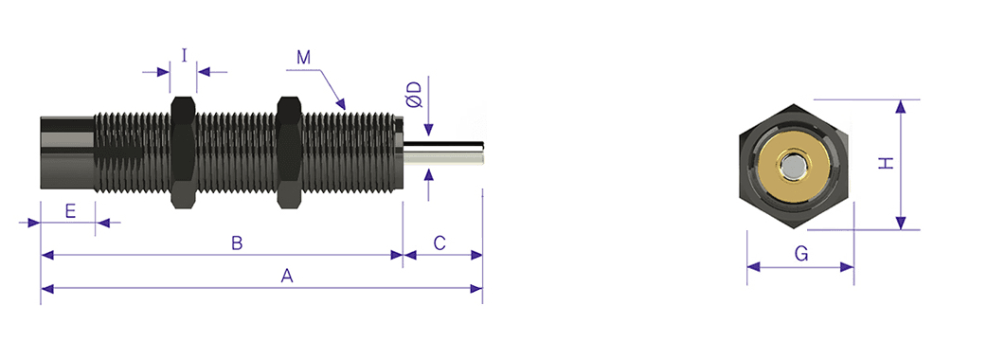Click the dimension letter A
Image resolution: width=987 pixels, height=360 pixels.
tap(287, 276)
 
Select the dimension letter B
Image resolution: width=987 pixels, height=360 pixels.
tap(237, 243)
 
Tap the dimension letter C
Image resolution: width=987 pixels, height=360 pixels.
tap(440, 243)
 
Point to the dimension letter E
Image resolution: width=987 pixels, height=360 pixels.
tap(70, 211)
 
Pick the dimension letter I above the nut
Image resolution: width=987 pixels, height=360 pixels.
tap(184, 56)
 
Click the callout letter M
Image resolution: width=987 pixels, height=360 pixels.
tap(304, 57)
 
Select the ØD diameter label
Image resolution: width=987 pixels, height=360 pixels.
tap(414, 96)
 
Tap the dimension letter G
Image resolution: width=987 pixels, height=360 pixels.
tap(800, 254)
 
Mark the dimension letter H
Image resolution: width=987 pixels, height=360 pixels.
tap(887, 164)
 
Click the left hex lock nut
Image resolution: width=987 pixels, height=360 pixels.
tap(183, 152)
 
